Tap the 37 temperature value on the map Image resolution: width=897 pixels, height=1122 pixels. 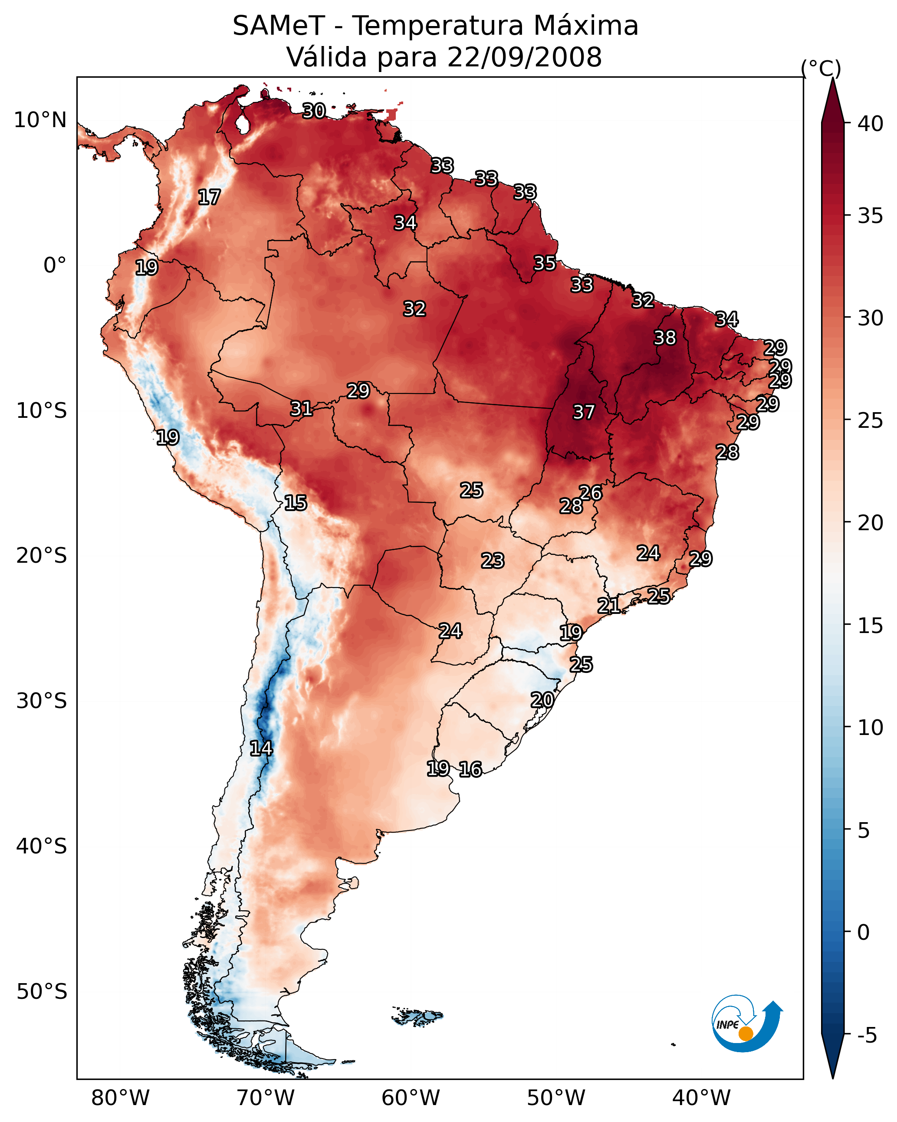click(584, 412)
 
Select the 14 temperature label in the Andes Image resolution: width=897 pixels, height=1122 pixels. click(261, 748)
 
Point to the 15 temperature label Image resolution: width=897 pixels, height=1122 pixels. click(295, 503)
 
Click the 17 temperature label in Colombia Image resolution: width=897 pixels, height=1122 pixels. click(209, 197)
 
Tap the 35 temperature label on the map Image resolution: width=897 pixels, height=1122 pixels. click(545, 263)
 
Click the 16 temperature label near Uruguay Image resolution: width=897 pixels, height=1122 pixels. click(470, 769)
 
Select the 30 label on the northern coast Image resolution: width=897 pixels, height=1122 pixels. click(314, 111)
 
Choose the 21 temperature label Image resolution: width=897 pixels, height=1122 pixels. click(608, 605)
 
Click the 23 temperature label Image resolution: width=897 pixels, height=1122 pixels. click(493, 561)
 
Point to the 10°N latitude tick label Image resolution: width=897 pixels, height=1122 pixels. click(40, 120)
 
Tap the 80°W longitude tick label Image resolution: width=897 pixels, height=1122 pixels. click(120, 1098)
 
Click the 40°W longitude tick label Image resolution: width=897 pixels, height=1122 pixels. click(701, 1098)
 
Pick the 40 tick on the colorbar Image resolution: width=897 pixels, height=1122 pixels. click(871, 124)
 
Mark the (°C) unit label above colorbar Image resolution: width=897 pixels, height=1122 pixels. click(821, 68)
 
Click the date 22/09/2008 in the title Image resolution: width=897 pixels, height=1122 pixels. click(524, 57)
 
